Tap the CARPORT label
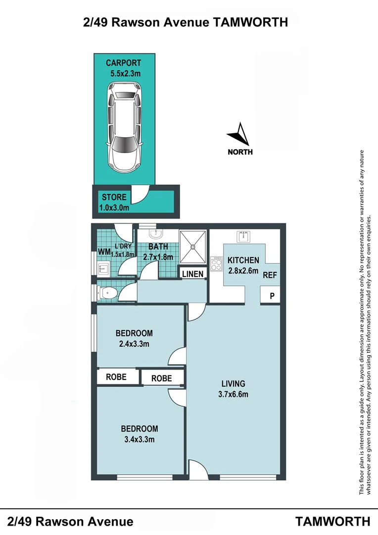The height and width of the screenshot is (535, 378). coord(123,63)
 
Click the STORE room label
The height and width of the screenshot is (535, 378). coord(114,197)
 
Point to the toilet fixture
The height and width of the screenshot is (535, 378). coord(107,293)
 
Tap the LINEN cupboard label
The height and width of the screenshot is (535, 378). coord(192,274)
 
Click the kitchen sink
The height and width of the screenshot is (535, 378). coord(245,237)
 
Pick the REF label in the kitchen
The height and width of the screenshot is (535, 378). coord(270,275)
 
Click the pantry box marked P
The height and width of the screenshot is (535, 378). coord(271,296)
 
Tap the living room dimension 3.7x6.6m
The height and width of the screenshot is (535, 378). coord(233,394)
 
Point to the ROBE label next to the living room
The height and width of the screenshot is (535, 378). coord(162,378)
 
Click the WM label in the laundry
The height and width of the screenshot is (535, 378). coord(103,252)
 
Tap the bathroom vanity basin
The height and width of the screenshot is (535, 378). coord(158,233)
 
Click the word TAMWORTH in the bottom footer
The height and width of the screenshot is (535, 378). coord(333,521)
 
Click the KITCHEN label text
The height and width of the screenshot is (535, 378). coord(243,260)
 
